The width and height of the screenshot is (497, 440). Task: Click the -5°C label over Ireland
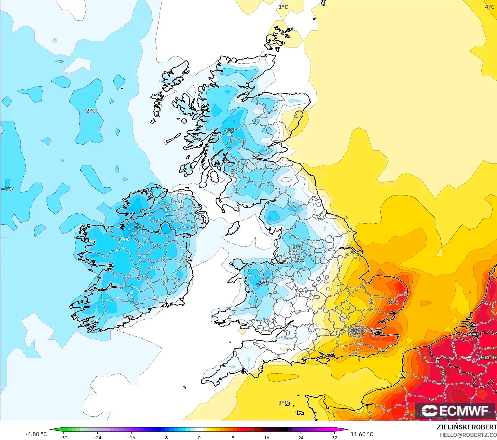[x=138, y=227]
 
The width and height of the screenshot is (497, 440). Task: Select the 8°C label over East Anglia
[x=394, y=302]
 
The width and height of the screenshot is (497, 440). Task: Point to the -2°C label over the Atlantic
[x=90, y=111]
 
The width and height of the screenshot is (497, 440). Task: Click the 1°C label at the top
[x=283, y=7]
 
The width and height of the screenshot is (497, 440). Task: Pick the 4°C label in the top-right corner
[x=489, y=7]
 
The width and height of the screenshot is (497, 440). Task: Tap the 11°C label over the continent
[x=489, y=358]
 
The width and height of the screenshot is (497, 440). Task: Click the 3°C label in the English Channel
[x=283, y=403]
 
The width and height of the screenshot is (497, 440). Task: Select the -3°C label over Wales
[x=262, y=284]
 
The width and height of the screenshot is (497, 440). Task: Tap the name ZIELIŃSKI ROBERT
[x=467, y=427]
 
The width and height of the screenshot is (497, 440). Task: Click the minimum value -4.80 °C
[x=36, y=434]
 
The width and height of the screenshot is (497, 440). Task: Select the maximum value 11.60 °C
[x=362, y=434]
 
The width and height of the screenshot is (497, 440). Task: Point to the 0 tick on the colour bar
[x=199, y=437]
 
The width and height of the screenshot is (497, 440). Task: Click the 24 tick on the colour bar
[x=301, y=437]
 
